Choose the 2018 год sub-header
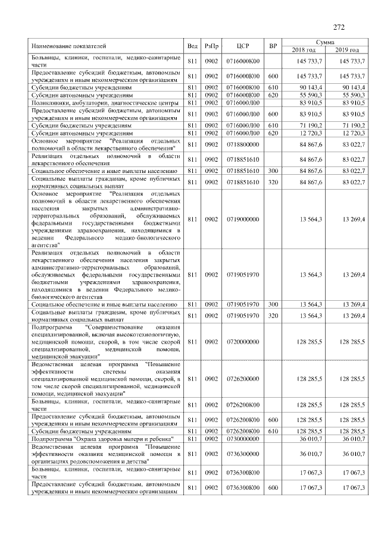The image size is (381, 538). tap(303, 50)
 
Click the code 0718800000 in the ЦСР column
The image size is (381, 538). tap(242, 144)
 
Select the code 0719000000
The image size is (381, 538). tap(242, 219)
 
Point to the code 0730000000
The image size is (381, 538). tap(242, 438)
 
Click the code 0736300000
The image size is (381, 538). tap(242, 454)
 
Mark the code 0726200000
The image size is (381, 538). tap(242, 379)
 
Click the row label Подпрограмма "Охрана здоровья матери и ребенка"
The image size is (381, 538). tap(98, 438)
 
